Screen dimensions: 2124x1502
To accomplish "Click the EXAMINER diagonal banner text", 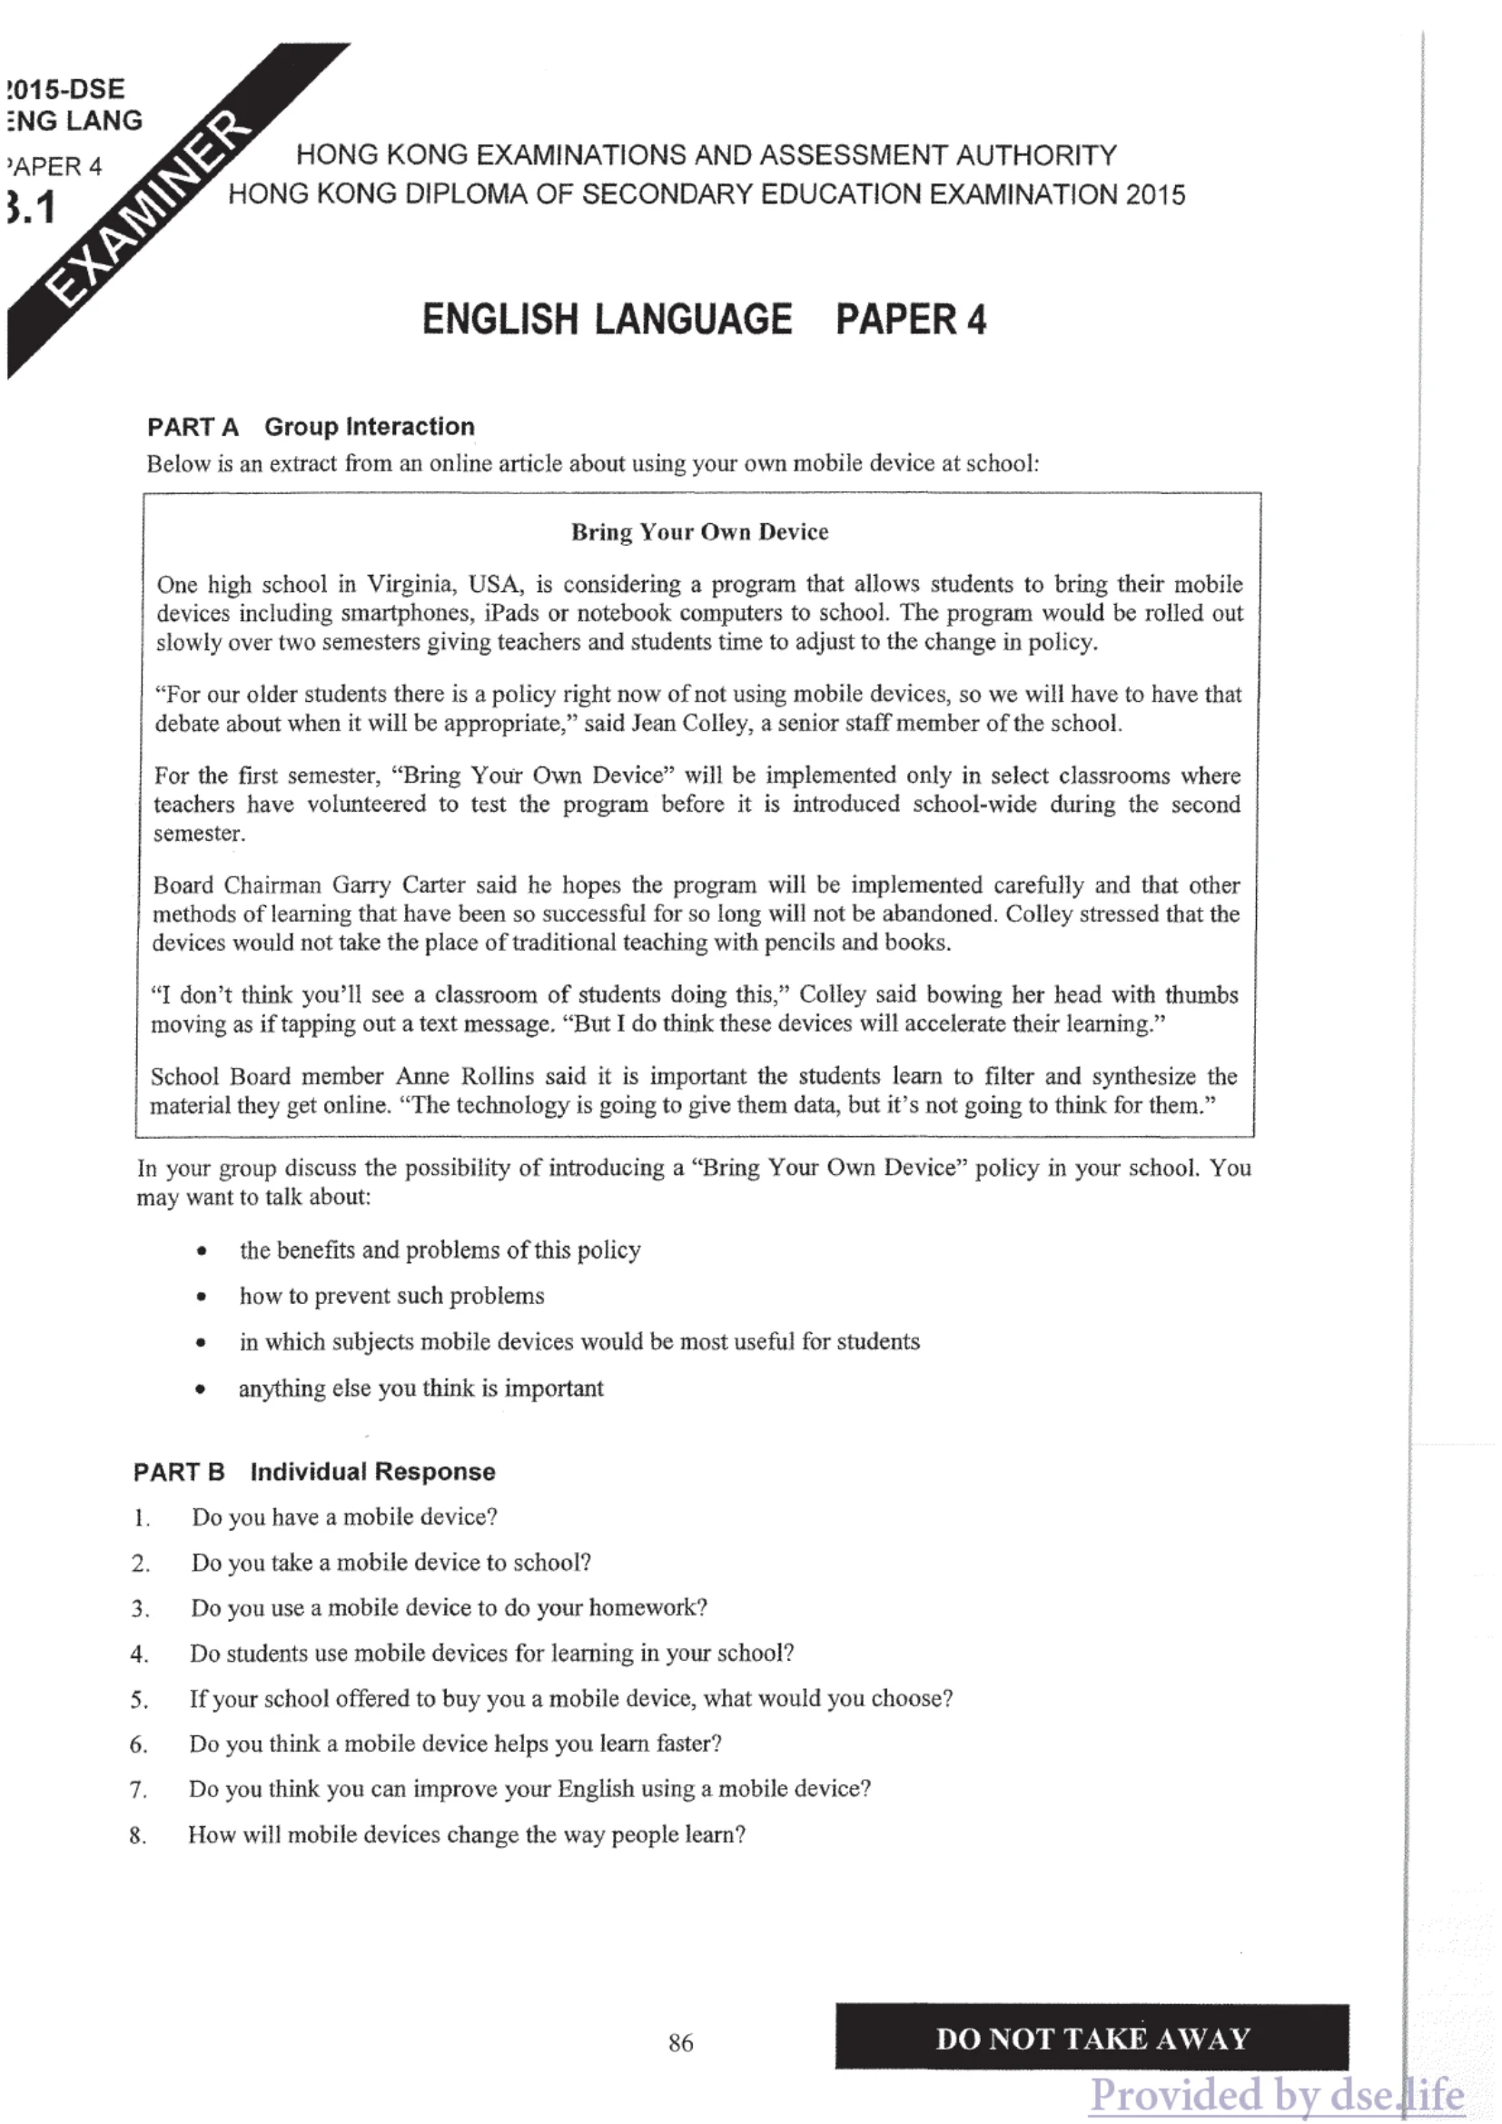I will click(148, 208).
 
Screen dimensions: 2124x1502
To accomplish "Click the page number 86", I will click(681, 2042).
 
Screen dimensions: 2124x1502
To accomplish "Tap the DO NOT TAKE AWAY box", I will click(1092, 2038).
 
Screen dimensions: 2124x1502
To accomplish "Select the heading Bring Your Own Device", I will click(699, 532).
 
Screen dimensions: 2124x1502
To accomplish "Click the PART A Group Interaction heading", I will click(311, 427).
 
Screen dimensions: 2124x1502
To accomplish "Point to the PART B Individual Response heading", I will click(314, 1472).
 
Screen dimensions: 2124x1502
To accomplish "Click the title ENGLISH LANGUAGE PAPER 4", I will click(704, 319).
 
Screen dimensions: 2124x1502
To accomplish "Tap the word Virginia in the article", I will click(411, 585).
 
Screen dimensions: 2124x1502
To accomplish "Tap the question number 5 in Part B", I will click(139, 1699).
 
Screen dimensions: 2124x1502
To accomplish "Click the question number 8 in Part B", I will click(138, 1835).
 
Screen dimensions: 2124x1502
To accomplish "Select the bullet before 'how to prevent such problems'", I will click(202, 1297).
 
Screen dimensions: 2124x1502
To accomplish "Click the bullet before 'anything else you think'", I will click(201, 1389).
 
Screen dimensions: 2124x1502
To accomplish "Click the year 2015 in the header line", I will click(1155, 194).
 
